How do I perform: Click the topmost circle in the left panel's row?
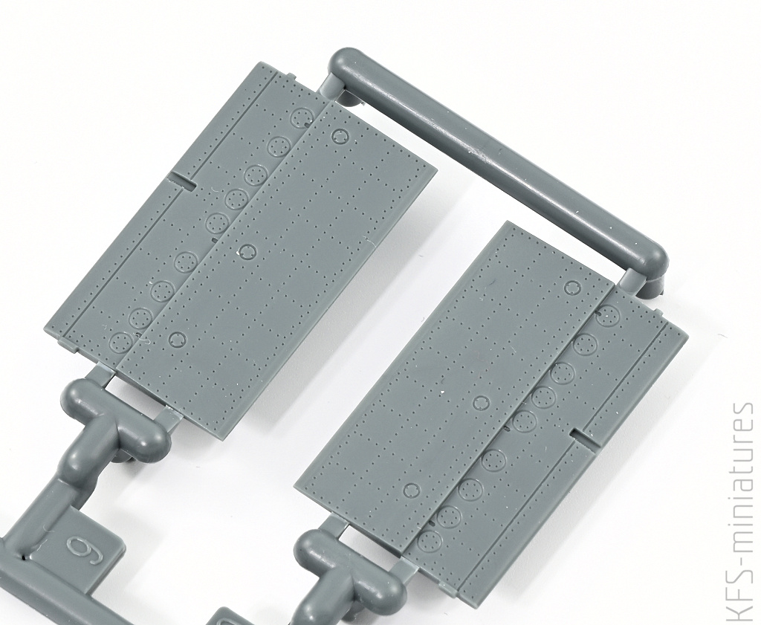coord(302,117)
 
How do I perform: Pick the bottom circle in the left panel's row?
coord(120,342)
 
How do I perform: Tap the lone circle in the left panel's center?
coord(248,251)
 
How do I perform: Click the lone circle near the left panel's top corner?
coord(339,136)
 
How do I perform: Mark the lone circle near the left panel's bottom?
coord(178,339)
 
